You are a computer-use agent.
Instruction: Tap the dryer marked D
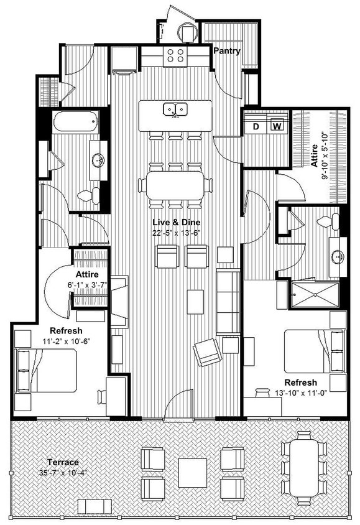point(256,127)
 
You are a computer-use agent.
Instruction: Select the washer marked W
point(277,127)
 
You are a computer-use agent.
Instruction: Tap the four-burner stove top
point(175,55)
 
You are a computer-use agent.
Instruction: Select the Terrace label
point(63,462)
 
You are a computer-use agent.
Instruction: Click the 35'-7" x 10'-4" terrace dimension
point(63,473)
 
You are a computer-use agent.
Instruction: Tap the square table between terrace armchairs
point(192,473)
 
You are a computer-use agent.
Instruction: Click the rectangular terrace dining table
point(303,466)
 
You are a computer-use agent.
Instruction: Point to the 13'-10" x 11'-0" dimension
point(301,393)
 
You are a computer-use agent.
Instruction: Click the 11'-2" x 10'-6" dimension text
point(62,341)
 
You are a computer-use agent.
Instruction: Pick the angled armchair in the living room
point(207,353)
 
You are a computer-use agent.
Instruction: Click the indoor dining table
point(175,185)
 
